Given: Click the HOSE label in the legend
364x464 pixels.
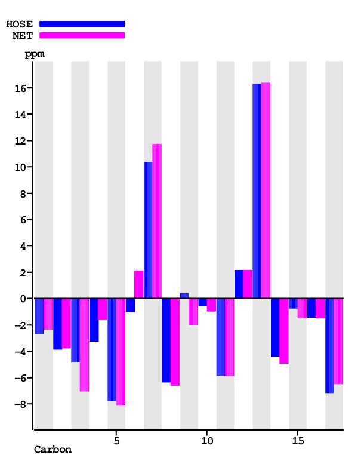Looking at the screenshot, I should coord(19,24).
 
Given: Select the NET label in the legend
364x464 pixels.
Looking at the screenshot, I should coord(23,35).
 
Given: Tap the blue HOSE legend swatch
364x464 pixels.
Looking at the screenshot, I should coord(82,24).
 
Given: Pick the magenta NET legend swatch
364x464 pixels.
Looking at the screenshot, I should coord(82,35).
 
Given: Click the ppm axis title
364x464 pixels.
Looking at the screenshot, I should coord(34,54).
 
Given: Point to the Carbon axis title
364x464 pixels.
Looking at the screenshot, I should coord(53,450).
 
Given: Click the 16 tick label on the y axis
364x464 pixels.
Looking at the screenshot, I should coord(20,88).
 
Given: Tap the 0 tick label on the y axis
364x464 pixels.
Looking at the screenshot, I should coord(23,299).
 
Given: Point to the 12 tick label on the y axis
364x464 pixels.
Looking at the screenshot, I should coord(20,141).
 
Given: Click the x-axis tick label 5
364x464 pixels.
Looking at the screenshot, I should coord(116,440).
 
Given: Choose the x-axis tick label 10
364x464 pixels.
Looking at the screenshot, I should coord(207,440).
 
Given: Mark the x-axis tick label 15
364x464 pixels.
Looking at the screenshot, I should coord(298,440).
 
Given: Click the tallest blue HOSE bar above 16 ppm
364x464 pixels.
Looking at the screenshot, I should coord(257,191).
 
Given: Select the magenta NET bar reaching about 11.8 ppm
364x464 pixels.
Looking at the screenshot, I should coord(157,221).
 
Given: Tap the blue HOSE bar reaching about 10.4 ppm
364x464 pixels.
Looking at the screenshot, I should coord(148,230).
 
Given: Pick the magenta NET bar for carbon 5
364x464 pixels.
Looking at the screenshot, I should coord(121,352).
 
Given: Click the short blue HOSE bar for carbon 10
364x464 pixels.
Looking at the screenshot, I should coord(202,302).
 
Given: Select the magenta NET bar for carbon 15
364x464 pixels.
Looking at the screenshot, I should coord(302,308).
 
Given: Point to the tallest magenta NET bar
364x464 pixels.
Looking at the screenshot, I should coord(266,190).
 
